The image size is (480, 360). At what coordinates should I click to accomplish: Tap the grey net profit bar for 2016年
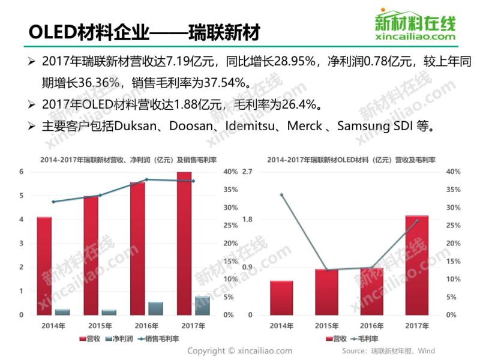(x=155, y=308)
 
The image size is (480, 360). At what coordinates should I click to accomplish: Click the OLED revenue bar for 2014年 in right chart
(x=281, y=298)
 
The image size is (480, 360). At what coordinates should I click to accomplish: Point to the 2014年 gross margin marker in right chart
(x=281, y=194)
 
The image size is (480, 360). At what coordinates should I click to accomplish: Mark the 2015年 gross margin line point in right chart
(x=327, y=270)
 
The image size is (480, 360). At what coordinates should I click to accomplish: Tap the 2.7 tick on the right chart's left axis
(x=246, y=172)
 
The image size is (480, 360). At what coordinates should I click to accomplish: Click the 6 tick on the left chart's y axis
(x=21, y=172)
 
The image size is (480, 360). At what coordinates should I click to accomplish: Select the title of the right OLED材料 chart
(x=351, y=160)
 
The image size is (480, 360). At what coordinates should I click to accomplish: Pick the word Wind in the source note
(x=427, y=350)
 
